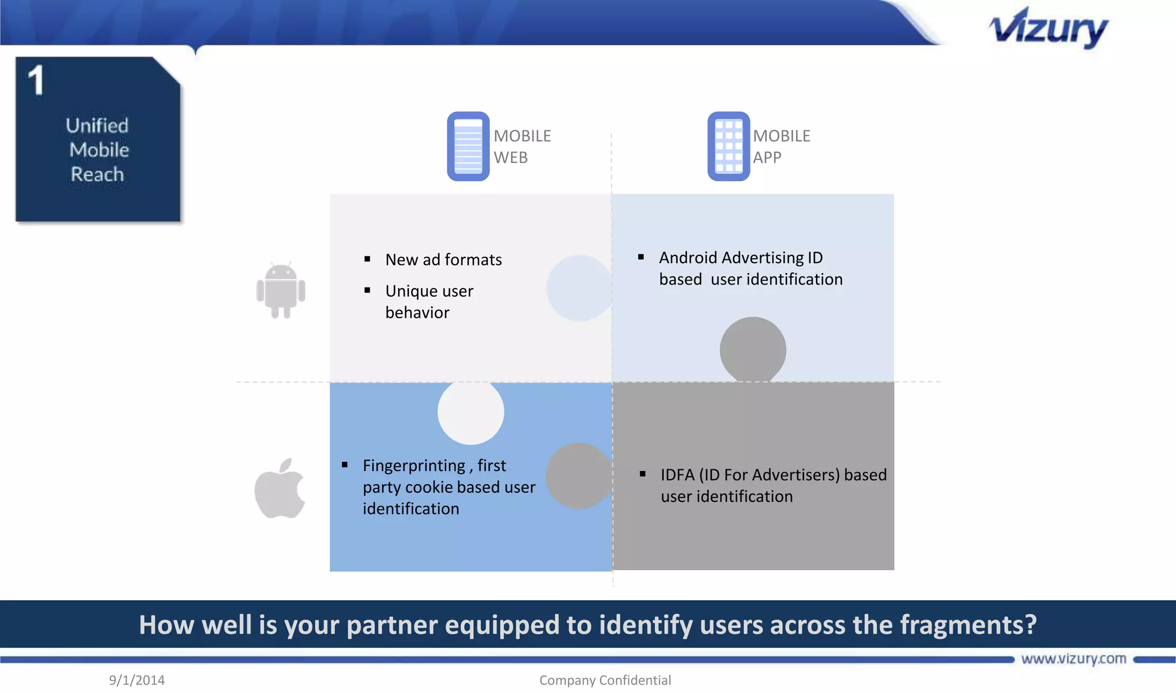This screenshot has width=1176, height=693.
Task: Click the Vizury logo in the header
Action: (1049, 29)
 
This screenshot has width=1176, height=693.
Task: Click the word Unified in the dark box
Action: (97, 126)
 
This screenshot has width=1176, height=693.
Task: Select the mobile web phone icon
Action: (468, 146)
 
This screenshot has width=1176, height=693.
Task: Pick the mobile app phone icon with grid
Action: (728, 146)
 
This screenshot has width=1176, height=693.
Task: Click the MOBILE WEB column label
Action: (521, 146)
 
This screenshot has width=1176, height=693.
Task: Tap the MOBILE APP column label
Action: (781, 146)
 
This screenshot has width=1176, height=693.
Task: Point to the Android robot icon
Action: (280, 290)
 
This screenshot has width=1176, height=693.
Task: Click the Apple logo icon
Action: (280, 488)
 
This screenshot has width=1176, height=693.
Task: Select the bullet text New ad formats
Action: (443, 260)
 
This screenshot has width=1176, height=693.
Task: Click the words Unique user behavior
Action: (429, 302)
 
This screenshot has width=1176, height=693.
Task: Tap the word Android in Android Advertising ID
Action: (688, 258)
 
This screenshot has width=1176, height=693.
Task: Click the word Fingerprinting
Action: (414, 465)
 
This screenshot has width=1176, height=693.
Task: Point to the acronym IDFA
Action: (678, 475)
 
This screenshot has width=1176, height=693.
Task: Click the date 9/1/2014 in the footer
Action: (137, 680)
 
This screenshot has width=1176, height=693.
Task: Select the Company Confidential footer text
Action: (605, 680)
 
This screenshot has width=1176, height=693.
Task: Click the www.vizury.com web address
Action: (1073, 659)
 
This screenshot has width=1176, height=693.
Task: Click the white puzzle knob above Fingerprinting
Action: (471, 412)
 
